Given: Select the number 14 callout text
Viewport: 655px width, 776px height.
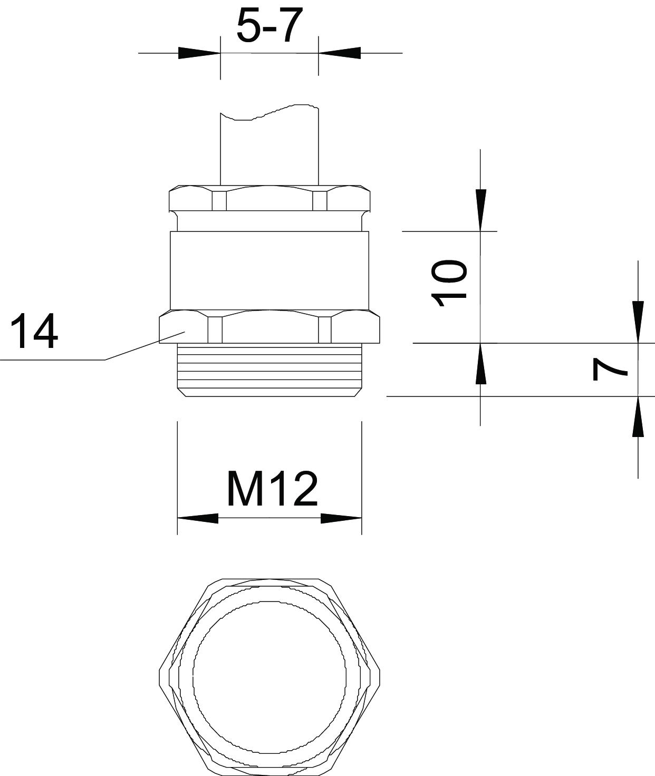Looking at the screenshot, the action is tap(34, 331).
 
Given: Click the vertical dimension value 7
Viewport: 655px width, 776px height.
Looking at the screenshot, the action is tap(610, 370).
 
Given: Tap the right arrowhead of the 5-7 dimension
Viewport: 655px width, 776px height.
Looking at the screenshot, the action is tap(340, 53).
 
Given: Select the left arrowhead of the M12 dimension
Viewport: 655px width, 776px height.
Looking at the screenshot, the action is tap(198, 518).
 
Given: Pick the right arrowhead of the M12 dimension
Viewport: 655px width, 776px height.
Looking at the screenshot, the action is tap(341, 518).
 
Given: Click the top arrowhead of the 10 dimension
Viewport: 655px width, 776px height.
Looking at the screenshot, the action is tap(480, 210).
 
